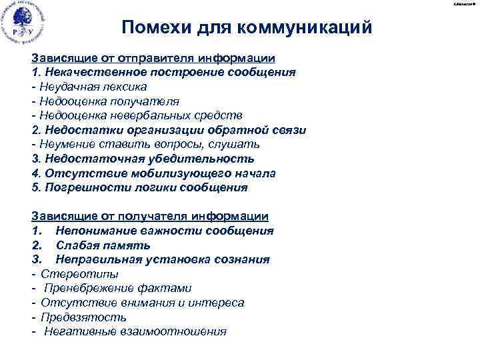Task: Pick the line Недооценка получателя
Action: click(105, 101)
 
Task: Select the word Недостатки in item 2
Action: click(77, 130)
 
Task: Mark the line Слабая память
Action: click(99, 245)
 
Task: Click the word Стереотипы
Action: click(71, 274)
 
